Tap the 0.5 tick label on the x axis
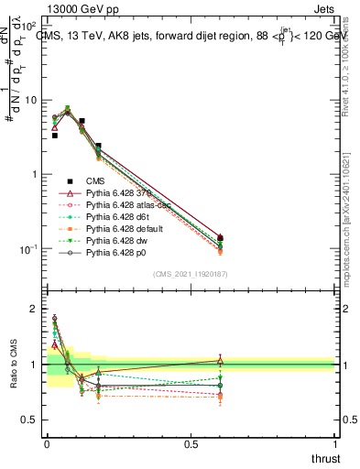point(191,442)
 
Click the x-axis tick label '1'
point(335,442)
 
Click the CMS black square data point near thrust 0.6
point(221,238)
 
